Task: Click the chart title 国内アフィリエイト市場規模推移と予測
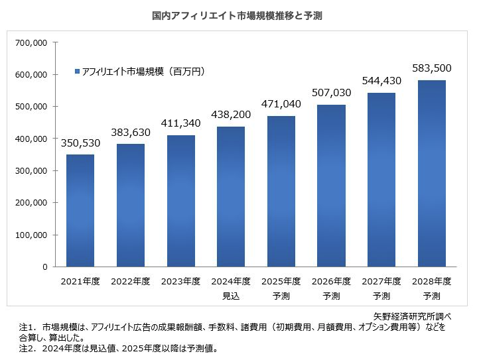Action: (237, 15)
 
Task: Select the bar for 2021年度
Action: (80, 211)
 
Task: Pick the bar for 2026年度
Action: (331, 186)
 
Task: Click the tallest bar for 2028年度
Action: (431, 174)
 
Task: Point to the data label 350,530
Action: (80, 143)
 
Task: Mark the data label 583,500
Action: (431, 68)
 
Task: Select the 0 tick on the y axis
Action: (44, 267)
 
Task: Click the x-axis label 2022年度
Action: (130, 281)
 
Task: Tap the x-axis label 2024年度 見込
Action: (231, 287)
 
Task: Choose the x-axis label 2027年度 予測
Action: (381, 287)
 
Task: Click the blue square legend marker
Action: (77, 71)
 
